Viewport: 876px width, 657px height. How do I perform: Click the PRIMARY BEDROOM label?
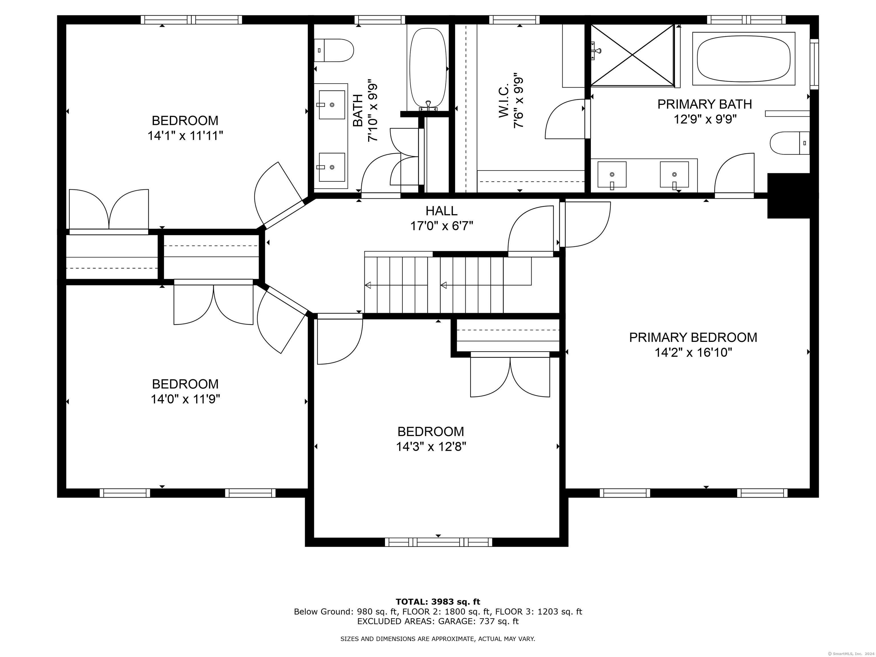(x=693, y=337)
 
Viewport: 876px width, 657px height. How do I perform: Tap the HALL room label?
(x=441, y=211)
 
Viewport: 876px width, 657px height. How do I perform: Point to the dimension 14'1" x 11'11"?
(x=185, y=136)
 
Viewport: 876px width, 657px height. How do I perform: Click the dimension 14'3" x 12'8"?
(x=431, y=447)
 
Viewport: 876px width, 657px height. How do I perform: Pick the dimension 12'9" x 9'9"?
(x=705, y=119)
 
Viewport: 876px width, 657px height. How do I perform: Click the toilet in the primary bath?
(x=790, y=143)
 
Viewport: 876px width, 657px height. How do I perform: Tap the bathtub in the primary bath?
(x=744, y=59)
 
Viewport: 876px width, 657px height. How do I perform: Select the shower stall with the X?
(x=632, y=55)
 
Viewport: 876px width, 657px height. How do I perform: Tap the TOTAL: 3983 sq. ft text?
(x=438, y=602)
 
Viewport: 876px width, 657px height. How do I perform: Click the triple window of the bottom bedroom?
(x=438, y=542)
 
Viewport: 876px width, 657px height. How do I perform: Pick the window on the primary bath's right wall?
(x=814, y=64)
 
